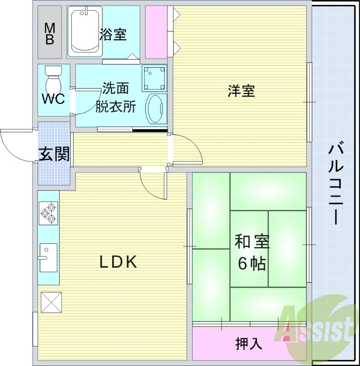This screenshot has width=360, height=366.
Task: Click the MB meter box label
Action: (50, 34)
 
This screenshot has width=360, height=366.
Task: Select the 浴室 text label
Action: (113, 34)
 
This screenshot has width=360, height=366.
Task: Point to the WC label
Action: (53, 99)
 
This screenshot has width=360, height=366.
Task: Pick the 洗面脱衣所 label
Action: (116, 98)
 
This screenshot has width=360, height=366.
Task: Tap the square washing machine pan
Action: (154, 78)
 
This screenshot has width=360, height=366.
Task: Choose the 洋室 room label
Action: (242, 91)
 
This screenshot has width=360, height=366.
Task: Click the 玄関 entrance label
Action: (54, 154)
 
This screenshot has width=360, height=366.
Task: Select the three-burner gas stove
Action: (48, 213)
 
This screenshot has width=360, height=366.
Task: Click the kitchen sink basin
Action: (48, 258)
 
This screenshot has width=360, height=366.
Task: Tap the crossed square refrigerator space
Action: (51, 302)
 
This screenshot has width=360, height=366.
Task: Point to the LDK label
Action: (118, 262)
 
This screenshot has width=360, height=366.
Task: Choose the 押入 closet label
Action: (249, 344)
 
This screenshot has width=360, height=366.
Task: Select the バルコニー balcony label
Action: (335, 185)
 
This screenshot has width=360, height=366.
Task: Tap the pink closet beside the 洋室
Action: (156, 32)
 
